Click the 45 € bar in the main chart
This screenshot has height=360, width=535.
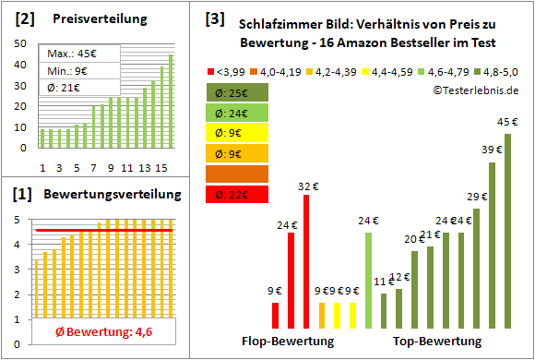point(507,231)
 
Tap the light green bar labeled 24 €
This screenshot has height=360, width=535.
point(368,281)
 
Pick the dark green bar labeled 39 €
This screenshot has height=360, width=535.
point(492,246)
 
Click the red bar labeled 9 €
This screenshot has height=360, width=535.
point(275,316)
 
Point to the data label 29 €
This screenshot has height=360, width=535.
point(477,197)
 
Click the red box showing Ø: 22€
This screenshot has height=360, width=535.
point(239,194)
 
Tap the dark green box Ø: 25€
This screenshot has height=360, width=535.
point(239,92)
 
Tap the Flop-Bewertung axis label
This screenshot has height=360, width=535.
point(287,342)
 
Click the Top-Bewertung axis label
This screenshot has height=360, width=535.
point(437,342)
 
